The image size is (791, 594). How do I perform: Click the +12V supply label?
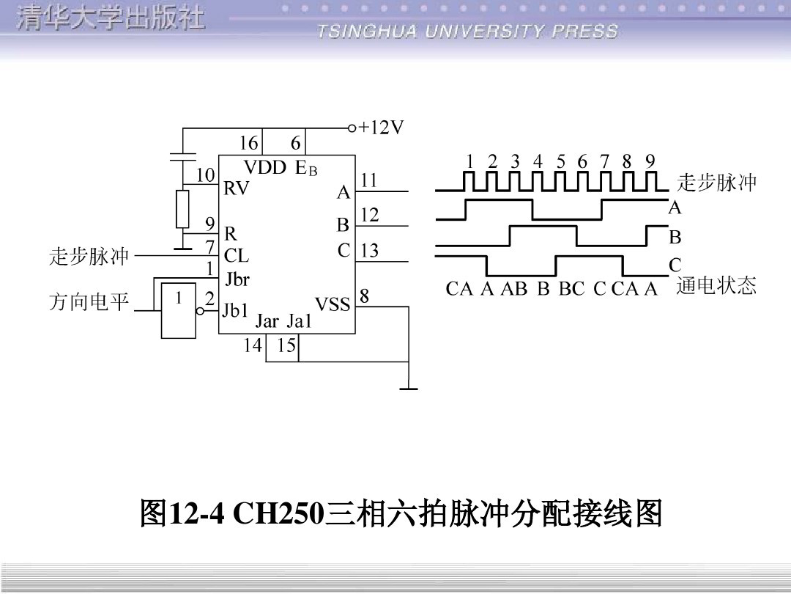click(381, 128)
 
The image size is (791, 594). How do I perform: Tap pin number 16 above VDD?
click(249, 143)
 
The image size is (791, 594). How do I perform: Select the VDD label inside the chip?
click(264, 167)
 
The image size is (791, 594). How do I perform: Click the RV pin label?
click(236, 188)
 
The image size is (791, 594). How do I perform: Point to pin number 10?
click(205, 176)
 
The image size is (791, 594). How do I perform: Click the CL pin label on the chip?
click(237, 256)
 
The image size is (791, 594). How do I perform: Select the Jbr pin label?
click(237, 279)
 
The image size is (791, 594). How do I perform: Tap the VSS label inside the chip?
click(333, 304)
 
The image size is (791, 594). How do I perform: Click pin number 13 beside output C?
click(370, 251)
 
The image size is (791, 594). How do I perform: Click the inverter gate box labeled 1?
click(179, 309)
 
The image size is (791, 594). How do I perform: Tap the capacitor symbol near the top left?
click(183, 155)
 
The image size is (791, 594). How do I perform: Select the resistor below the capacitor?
click(183, 209)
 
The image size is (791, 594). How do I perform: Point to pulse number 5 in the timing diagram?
click(561, 161)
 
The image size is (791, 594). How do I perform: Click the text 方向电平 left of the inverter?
click(89, 302)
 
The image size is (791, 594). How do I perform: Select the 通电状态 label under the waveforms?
click(716, 285)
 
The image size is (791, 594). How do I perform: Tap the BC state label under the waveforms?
click(571, 289)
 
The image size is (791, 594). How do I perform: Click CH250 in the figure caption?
click(278, 514)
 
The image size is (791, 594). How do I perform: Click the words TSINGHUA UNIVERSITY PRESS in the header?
click(468, 32)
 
